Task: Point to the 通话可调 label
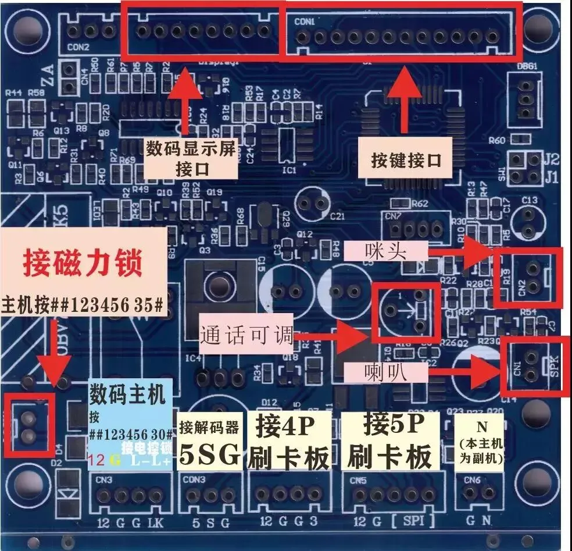pyautogui.click(x=245, y=336)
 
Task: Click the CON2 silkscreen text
pyautogui.click(x=78, y=48)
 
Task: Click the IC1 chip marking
pyautogui.click(x=288, y=170)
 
